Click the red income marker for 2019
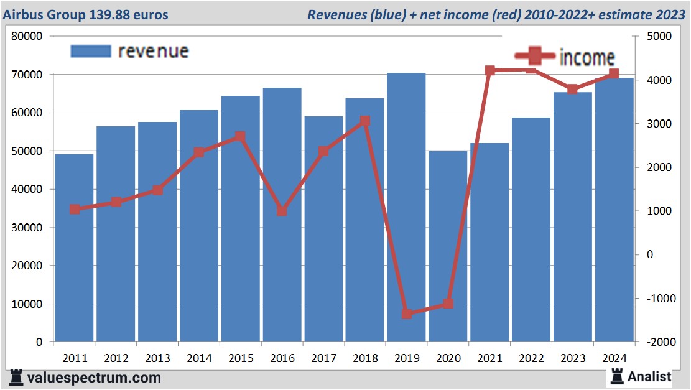pyautogui.click(x=406, y=313)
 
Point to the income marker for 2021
pyautogui.click(x=489, y=70)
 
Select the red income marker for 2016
pyautogui.click(x=282, y=211)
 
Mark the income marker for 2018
pyautogui.click(x=365, y=121)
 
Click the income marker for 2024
pyautogui.click(x=614, y=74)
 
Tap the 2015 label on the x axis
pyautogui.click(x=240, y=358)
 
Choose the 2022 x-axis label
pyautogui.click(x=531, y=358)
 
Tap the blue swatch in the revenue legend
pyautogui.click(x=91, y=51)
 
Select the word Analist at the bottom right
pyautogui.click(x=649, y=376)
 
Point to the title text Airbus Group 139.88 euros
pyautogui.click(x=86, y=14)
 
